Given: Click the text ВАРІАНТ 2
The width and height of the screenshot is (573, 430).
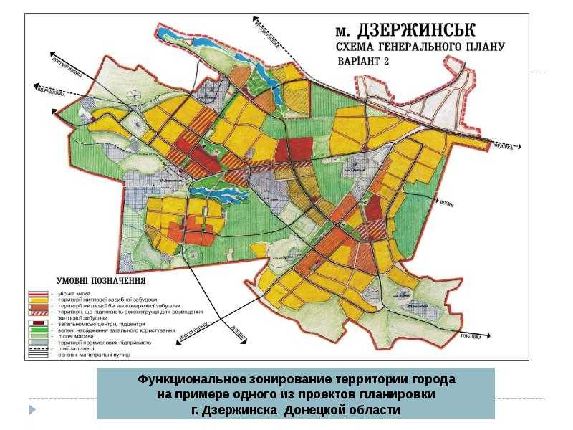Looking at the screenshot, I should coord(366,62).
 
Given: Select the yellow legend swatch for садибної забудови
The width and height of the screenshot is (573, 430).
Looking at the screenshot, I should coord(37,300).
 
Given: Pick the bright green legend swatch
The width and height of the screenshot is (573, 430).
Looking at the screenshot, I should coord(37,330).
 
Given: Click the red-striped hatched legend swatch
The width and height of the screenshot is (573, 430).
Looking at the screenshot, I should coord(37,312).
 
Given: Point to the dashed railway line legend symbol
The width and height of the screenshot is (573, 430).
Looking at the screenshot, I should coord(37,348).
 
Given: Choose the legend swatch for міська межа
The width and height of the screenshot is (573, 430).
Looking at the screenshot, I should coord(37,294).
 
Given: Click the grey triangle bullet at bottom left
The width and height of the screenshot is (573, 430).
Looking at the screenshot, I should coord(32,409).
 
